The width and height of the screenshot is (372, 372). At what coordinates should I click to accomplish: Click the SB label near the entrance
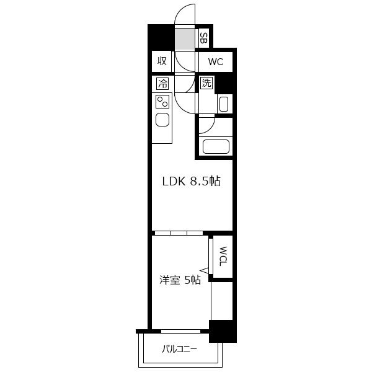tap(203, 38)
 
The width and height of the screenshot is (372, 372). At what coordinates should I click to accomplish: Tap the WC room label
tap(216, 61)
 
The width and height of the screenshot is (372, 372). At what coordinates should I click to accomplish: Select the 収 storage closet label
tap(162, 61)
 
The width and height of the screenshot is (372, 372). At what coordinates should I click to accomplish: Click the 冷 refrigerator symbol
tap(162, 84)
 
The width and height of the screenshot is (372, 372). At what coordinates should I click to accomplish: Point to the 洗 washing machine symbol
tap(206, 83)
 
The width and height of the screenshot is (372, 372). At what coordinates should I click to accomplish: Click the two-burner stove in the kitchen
tap(162, 102)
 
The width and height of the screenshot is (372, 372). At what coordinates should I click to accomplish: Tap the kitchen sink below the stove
tap(162, 120)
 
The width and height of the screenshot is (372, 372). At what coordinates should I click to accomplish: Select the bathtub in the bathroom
tap(216, 146)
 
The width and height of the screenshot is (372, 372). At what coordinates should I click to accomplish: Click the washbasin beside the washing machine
tap(224, 104)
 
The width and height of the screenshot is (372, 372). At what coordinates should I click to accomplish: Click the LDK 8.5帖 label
tap(191, 182)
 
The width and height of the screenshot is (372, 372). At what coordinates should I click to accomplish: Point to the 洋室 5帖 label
tap(180, 280)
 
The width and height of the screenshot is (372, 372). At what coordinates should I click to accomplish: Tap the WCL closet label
tap(223, 256)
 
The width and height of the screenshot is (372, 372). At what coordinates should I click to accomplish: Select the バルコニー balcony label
tap(180, 349)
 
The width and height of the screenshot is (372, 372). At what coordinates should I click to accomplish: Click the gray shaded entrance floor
tap(185, 40)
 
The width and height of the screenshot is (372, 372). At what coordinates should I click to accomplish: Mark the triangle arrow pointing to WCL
tap(204, 270)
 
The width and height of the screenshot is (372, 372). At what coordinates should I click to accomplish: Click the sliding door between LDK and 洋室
tap(179, 233)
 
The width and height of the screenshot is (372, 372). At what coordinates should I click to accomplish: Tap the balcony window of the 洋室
tap(181, 331)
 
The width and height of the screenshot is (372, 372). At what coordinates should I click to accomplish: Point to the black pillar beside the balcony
tap(223, 331)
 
